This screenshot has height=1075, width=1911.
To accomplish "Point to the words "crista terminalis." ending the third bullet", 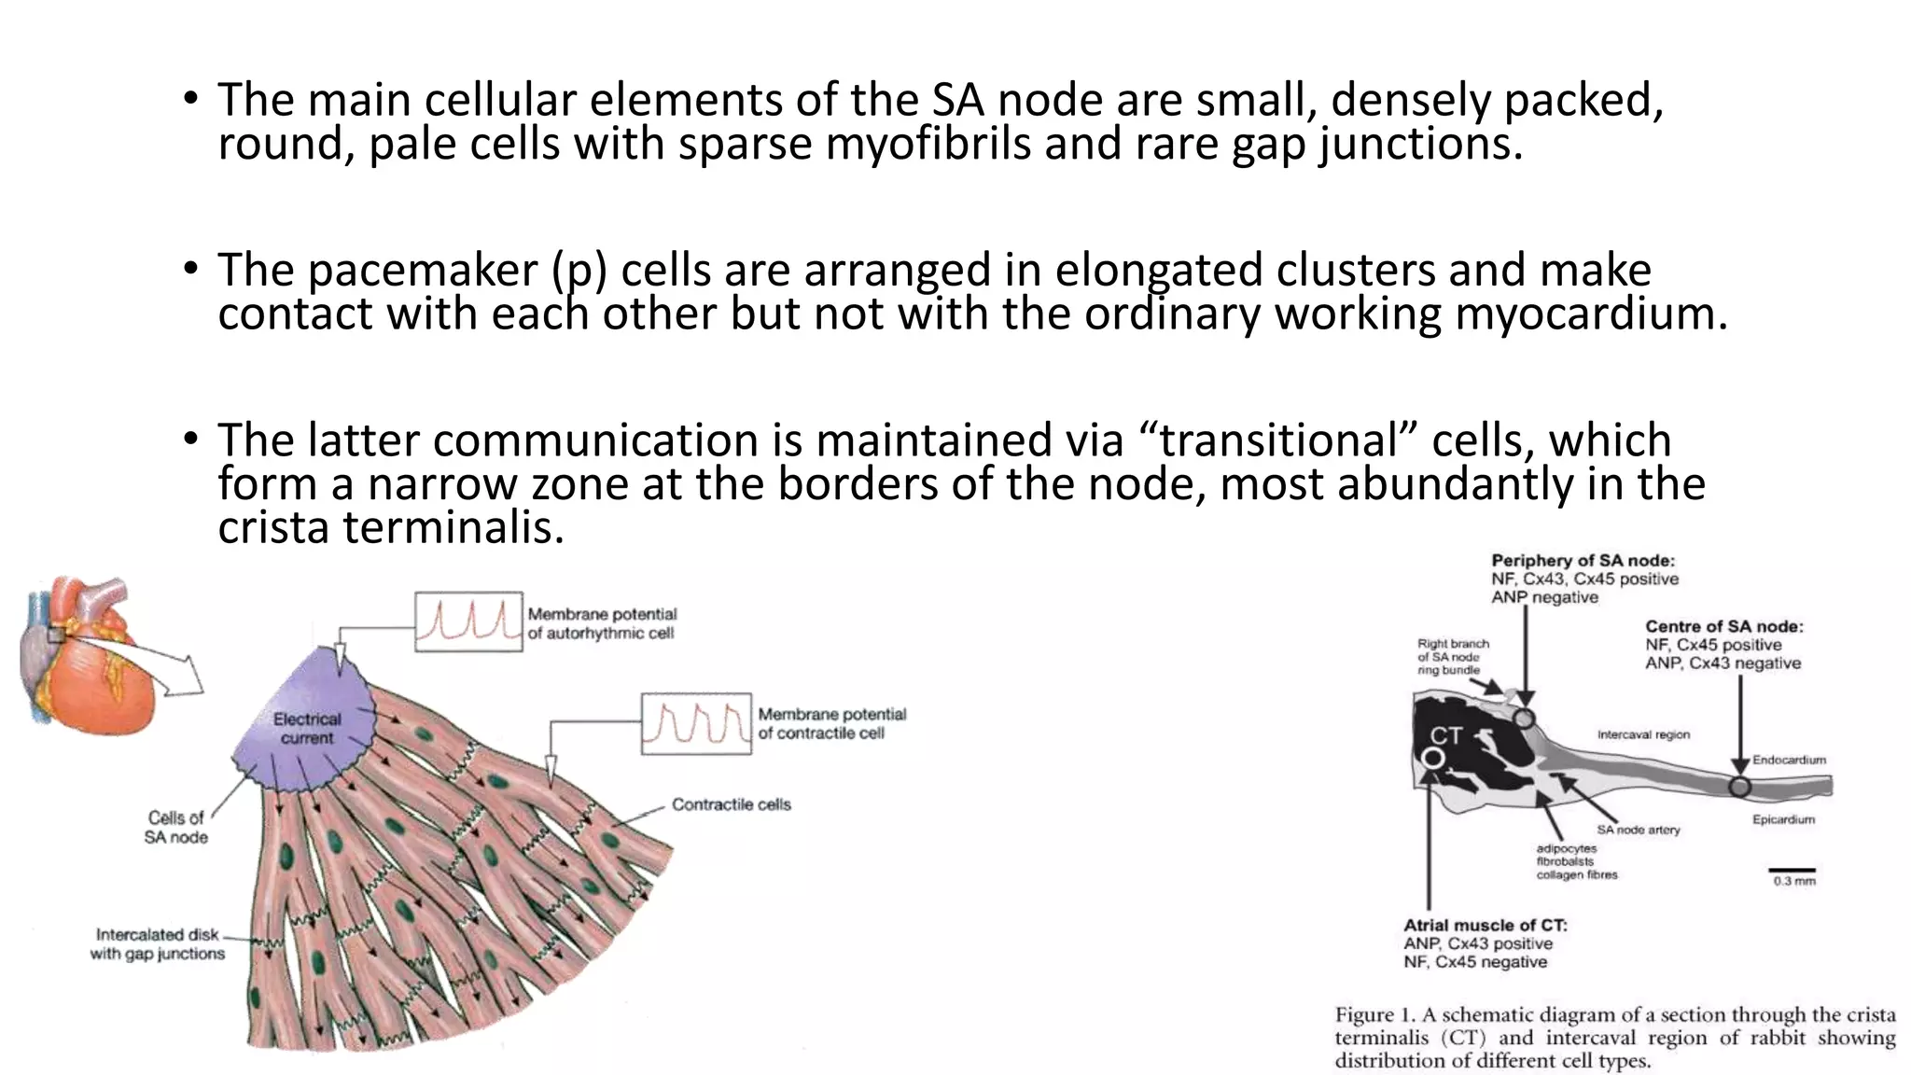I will (391, 528).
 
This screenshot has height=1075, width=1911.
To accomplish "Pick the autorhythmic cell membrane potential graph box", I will (468, 621).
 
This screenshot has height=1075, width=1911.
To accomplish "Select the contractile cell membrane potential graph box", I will (696, 723).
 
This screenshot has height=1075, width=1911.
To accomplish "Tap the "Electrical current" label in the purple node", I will (307, 729).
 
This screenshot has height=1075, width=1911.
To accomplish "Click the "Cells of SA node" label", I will (175, 828).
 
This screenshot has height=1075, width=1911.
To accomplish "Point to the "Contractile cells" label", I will (731, 804).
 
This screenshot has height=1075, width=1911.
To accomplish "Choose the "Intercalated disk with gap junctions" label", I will (158, 943).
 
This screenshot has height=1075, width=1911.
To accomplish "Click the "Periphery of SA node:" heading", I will (1583, 561).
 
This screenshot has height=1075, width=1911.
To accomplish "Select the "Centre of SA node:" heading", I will (1723, 626).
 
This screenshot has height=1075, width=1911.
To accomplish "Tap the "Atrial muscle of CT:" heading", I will (1486, 925).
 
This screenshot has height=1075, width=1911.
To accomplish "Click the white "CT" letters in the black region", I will (1445, 736).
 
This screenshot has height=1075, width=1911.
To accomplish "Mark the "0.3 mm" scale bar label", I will (1794, 881).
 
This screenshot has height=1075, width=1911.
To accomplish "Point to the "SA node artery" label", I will (1638, 830).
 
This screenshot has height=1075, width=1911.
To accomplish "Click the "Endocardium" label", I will (1789, 760).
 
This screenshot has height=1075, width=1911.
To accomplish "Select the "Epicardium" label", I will (1783, 819).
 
